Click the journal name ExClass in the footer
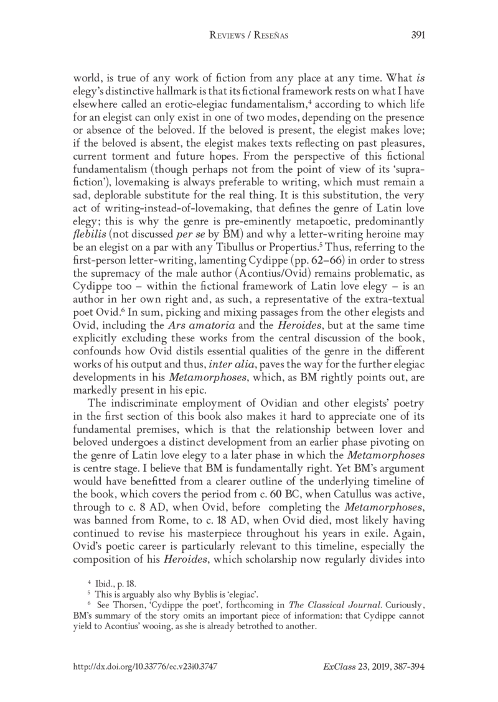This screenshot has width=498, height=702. pos(339,665)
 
